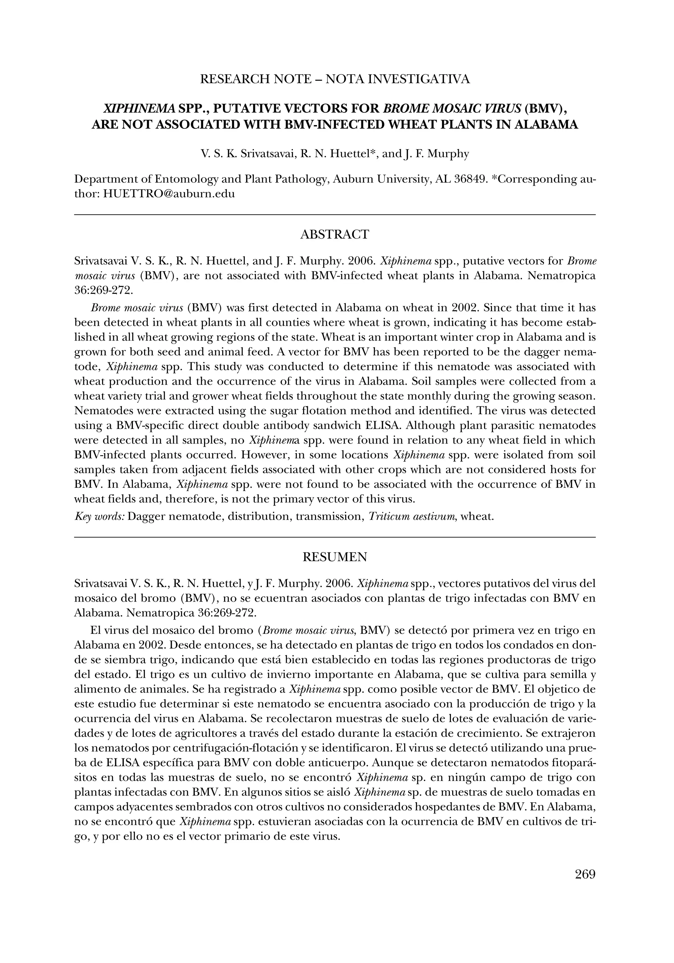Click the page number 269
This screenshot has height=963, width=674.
585,874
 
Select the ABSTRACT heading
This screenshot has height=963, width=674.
335,234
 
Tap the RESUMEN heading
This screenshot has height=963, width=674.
335,557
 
